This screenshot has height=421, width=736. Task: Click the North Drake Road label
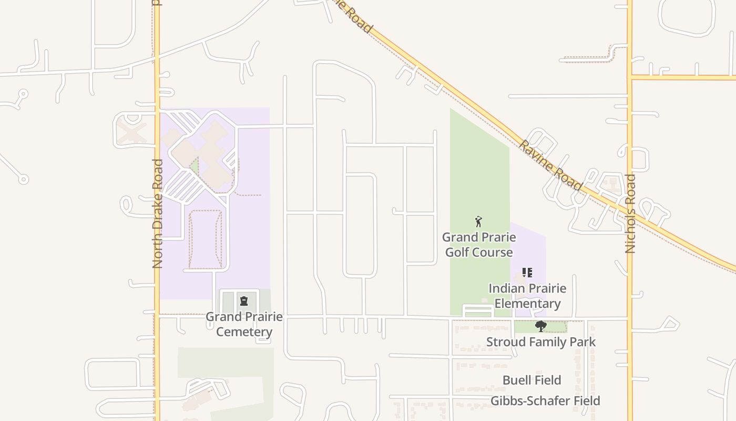tap(158, 214)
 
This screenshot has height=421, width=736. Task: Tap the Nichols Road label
tap(631, 214)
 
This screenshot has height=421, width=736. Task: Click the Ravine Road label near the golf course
tap(551, 165)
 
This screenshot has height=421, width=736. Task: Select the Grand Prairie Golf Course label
tap(479, 245)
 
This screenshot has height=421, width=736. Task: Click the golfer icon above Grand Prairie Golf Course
tap(478, 222)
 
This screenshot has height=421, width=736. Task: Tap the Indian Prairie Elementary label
tap(527, 296)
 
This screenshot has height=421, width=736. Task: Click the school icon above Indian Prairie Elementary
tap(527, 273)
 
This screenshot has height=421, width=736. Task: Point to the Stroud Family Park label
tap(541, 342)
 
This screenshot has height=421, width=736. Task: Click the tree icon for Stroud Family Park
tap(540, 327)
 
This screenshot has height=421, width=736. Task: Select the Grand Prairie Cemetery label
tap(244, 324)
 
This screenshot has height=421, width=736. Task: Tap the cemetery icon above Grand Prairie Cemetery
tap(244, 301)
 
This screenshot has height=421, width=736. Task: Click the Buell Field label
tap(531, 380)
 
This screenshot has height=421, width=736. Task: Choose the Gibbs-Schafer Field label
tap(545, 401)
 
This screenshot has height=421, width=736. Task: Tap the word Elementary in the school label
tap(527, 304)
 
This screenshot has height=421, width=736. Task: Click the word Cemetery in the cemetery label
tap(244, 332)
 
